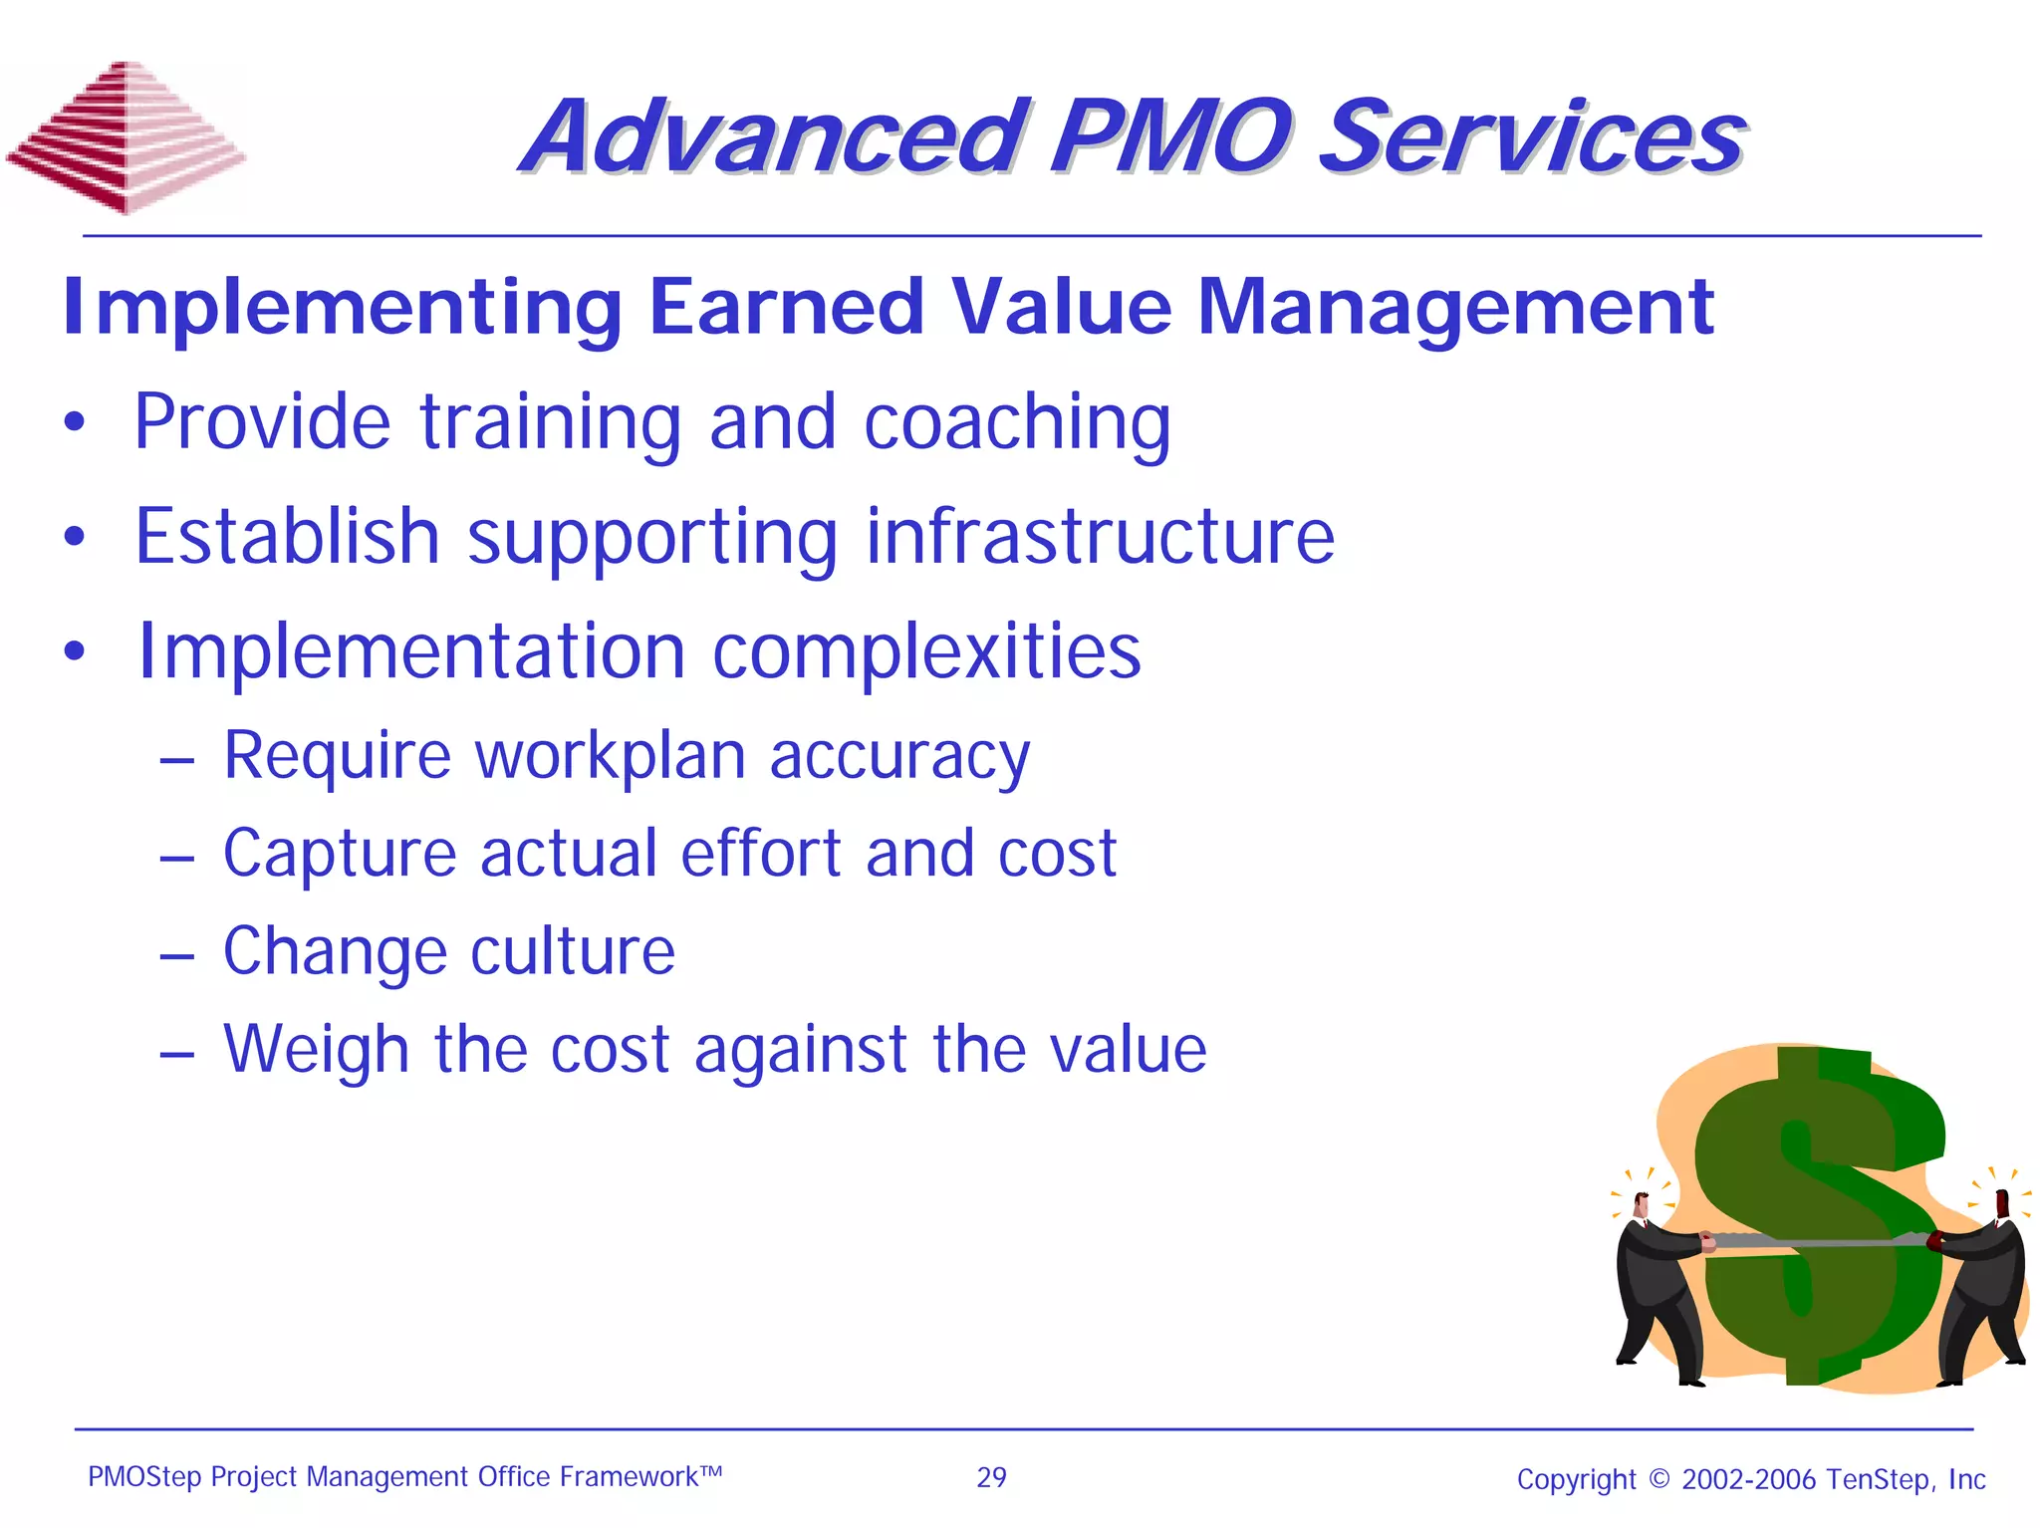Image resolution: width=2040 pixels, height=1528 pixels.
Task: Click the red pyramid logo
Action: [127, 137]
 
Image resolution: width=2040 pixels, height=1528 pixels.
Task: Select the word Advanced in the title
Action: [773, 136]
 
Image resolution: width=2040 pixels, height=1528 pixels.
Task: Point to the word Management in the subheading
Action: [1454, 307]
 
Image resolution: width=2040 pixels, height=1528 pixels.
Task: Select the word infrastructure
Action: [1100, 536]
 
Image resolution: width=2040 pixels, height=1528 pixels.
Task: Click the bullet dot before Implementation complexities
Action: [75, 652]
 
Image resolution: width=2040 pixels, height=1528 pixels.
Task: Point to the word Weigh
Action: [316, 1050]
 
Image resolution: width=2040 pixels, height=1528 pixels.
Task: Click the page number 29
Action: [991, 1477]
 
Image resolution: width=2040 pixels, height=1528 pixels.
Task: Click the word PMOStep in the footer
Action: [144, 1477]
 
